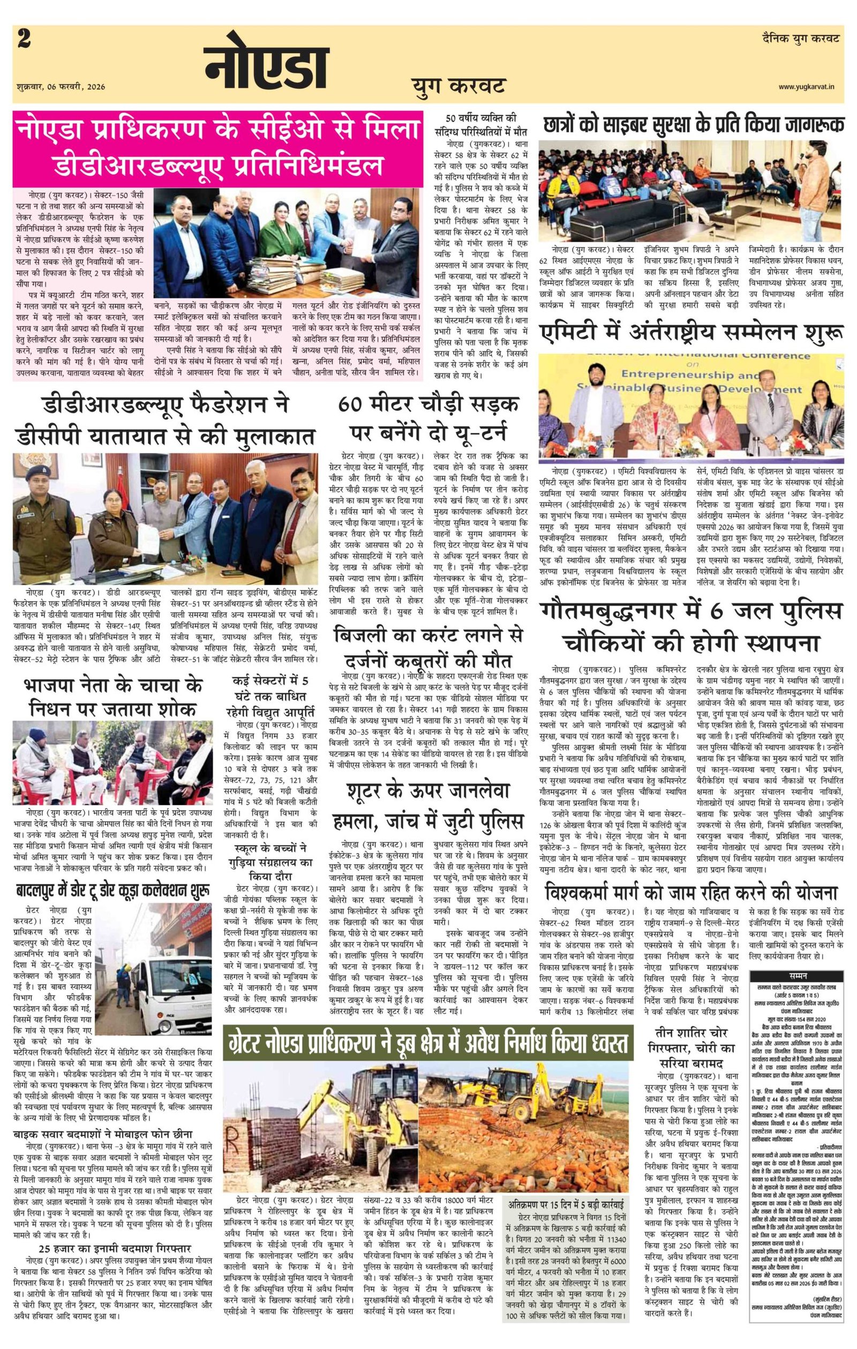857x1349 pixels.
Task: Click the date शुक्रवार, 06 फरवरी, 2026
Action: [x=61, y=87]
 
